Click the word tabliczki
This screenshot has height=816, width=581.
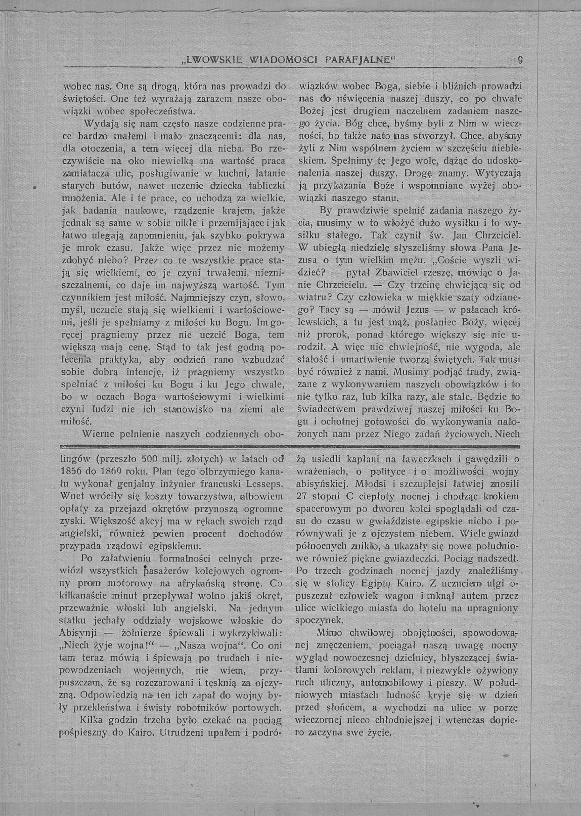268,186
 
